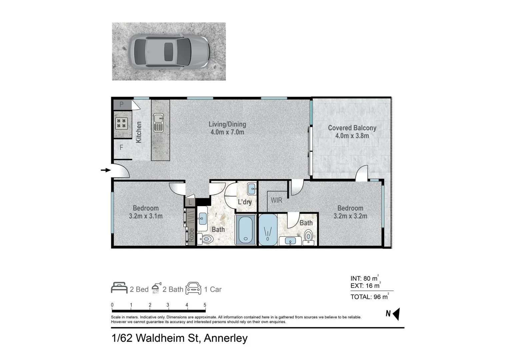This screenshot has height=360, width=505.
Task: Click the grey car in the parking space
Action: pos(169,52)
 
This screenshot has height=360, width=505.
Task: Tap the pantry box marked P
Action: pos(122,105)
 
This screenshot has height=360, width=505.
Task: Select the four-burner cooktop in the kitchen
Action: pos(121,123)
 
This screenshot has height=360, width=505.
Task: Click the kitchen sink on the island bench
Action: pos(158,122)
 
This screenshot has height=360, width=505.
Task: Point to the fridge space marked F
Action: pos(122,147)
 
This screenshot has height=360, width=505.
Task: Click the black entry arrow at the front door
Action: pos(106,170)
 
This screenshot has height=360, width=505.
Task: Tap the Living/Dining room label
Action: pos(227,124)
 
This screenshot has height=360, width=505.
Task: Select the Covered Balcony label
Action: pos(352,128)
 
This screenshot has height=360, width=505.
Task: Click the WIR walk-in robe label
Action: pos(276,200)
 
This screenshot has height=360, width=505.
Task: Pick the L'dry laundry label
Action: pos(245,202)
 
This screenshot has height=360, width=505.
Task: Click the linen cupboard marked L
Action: pos(190,202)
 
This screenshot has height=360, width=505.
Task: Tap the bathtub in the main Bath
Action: pos(246,230)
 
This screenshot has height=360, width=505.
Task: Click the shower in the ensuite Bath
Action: pos(268,230)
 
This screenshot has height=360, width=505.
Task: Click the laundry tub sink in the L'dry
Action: pos(252,189)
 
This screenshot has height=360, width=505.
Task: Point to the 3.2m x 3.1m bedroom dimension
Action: pos(146,216)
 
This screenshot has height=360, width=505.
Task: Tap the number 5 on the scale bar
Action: pos(205,305)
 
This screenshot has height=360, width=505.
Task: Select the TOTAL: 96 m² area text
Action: pos(369,297)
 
